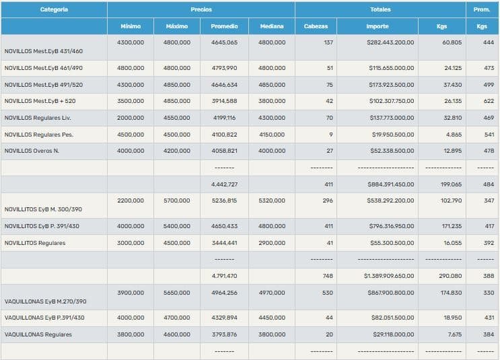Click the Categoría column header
(x=54, y=9)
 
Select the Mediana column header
(x=272, y=26)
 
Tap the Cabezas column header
(x=316, y=26)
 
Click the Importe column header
(x=377, y=26)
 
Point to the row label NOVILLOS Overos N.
(x=32, y=151)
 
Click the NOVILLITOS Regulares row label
(x=35, y=243)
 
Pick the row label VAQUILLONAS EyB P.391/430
(x=44, y=318)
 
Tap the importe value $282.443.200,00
(x=390, y=42)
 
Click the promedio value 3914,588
(x=224, y=101)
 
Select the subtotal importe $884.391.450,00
(x=390, y=184)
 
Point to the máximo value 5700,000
(x=177, y=201)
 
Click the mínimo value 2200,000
(x=131, y=201)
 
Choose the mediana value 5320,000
(x=272, y=201)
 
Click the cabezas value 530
(x=327, y=293)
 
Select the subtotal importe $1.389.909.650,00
(x=389, y=276)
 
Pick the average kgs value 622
(x=488, y=101)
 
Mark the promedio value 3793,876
(x=224, y=334)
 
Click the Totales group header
(x=380, y=9)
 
